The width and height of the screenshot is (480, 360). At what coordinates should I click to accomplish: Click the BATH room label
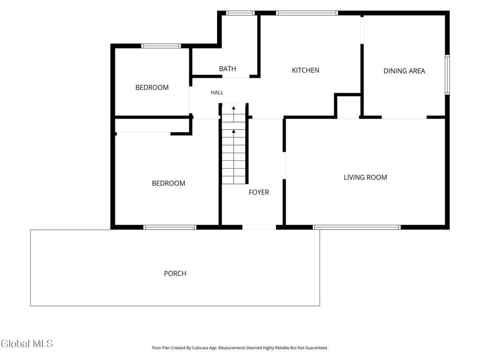point(227,69)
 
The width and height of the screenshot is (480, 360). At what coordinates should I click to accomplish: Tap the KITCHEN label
point(306,70)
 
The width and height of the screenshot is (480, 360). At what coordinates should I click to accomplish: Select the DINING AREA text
point(404,71)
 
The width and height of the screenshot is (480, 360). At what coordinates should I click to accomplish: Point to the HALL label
point(217,92)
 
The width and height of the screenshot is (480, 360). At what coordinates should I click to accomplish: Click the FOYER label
point(259,192)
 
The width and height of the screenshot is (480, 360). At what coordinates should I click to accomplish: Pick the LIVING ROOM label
point(365,178)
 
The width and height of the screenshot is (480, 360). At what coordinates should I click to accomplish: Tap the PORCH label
point(175,274)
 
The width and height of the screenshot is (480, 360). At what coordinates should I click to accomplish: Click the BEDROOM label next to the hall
point(152,88)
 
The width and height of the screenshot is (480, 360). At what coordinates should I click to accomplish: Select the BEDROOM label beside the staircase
point(168,183)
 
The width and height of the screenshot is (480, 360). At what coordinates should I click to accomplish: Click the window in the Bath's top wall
point(240,13)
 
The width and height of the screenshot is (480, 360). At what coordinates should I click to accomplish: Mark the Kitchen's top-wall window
point(307,13)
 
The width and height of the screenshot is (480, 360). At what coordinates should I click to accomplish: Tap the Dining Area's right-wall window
point(447,75)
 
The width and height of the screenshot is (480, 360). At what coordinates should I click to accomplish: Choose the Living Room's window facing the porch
point(357,227)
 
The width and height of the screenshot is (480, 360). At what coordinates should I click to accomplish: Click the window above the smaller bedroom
point(161,46)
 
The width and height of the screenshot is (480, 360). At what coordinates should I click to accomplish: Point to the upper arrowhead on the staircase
point(233,108)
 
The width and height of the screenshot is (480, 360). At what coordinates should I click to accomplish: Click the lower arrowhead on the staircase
point(233,131)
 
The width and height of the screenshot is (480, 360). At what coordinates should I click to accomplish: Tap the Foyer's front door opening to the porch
point(259,227)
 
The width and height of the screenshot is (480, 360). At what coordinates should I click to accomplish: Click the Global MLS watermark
point(27,344)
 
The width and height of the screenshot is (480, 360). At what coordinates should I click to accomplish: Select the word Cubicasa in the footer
point(200,348)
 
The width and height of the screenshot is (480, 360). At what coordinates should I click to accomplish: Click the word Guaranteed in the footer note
point(317,348)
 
